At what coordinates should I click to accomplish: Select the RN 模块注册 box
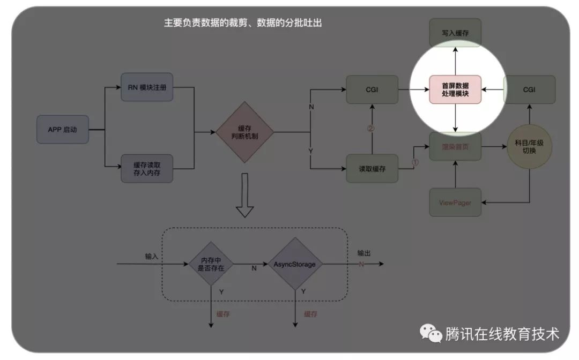point(147,87)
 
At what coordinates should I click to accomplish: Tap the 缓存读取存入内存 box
point(147,168)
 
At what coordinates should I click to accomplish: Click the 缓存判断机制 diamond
point(244,132)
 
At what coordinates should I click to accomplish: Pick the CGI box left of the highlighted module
point(372,89)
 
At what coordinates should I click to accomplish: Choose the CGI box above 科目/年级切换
point(529,89)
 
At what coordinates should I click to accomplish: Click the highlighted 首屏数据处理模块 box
point(455,89)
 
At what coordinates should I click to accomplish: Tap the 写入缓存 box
point(455,32)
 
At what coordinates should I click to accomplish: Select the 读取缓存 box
point(372,169)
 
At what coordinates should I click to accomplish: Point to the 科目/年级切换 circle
point(529,147)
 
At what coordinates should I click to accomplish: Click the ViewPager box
point(455,202)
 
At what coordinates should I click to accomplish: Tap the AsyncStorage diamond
point(295,264)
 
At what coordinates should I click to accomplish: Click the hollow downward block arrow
point(244,196)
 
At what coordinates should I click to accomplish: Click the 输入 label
point(152,256)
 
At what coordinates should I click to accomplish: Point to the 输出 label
point(364,253)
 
